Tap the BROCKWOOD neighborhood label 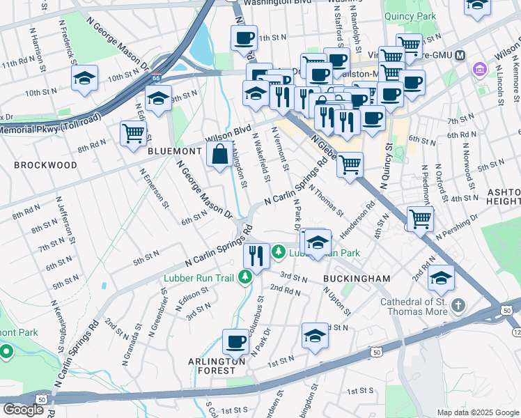coord(45,165)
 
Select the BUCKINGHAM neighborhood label coord(357,278)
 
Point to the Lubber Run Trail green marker coord(244,278)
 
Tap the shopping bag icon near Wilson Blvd coord(219,155)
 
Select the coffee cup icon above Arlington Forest coord(235,342)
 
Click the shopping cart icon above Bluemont coord(133,132)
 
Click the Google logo coord(23,410)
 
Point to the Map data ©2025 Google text coord(477,412)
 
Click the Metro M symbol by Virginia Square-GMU coord(458,56)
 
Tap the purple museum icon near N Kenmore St coord(479,70)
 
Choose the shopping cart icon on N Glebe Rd coord(350,165)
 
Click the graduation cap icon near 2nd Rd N coord(441,278)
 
